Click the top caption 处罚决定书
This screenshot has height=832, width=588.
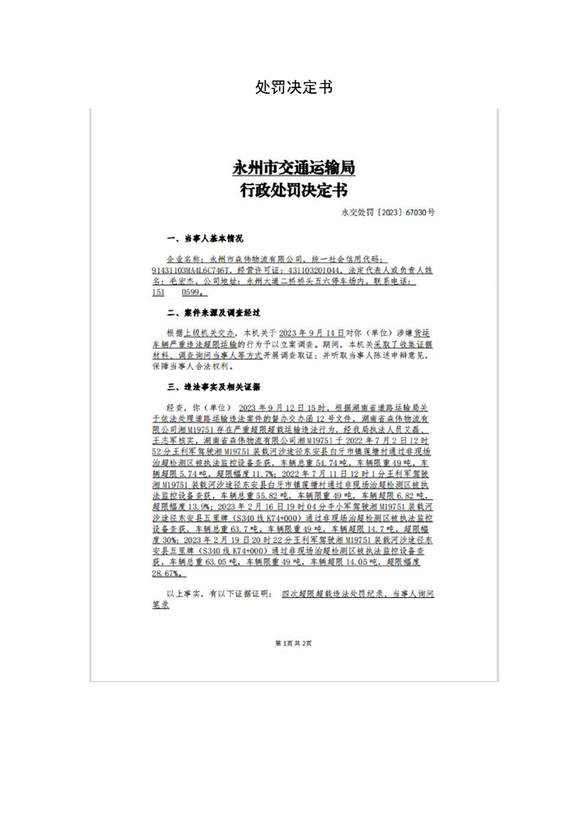[x=294, y=87]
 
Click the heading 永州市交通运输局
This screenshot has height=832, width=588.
[x=294, y=168]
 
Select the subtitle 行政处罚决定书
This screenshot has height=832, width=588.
[x=294, y=191]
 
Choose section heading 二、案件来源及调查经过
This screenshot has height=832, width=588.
[x=213, y=313]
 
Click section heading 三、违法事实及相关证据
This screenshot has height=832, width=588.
[x=213, y=386]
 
